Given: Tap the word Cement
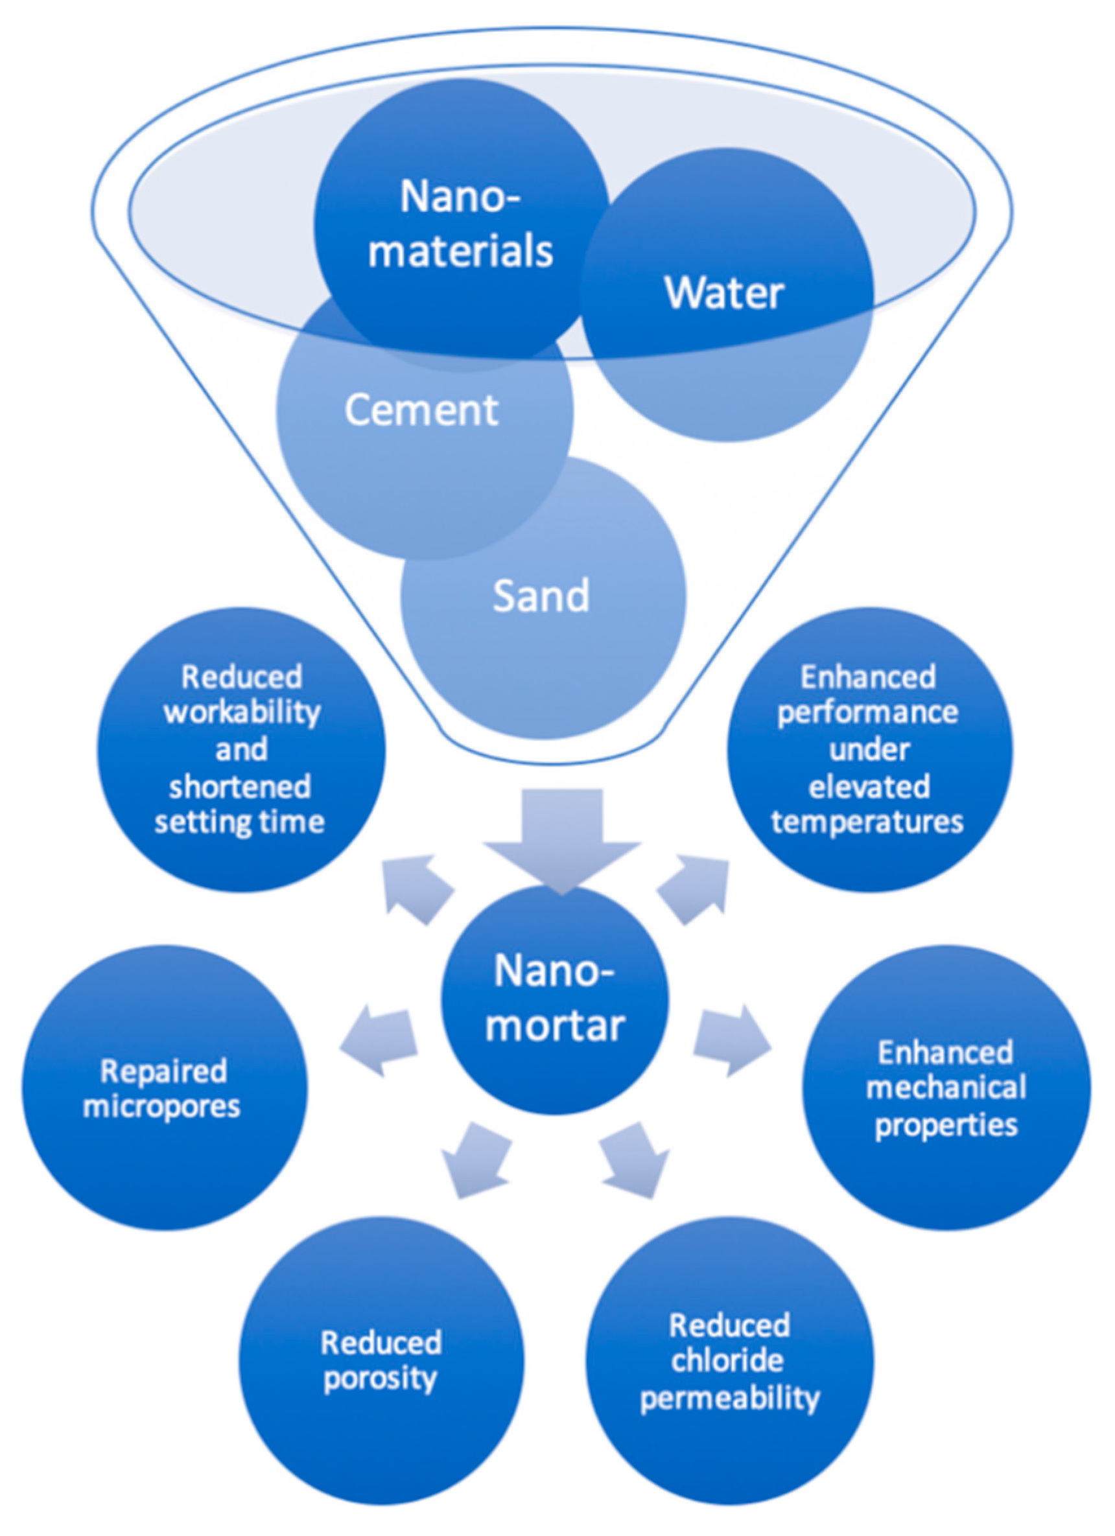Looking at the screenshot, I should [421, 410].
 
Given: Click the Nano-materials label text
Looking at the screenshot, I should [461, 224].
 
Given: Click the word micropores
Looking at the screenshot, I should [162, 1106].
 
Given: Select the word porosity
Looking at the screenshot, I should [380, 1379].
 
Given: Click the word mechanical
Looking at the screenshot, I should [946, 1088].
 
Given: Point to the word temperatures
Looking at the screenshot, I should [868, 822].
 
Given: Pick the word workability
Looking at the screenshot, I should [242, 712].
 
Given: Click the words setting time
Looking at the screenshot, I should [240, 822].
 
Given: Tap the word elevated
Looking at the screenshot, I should [869, 786].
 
